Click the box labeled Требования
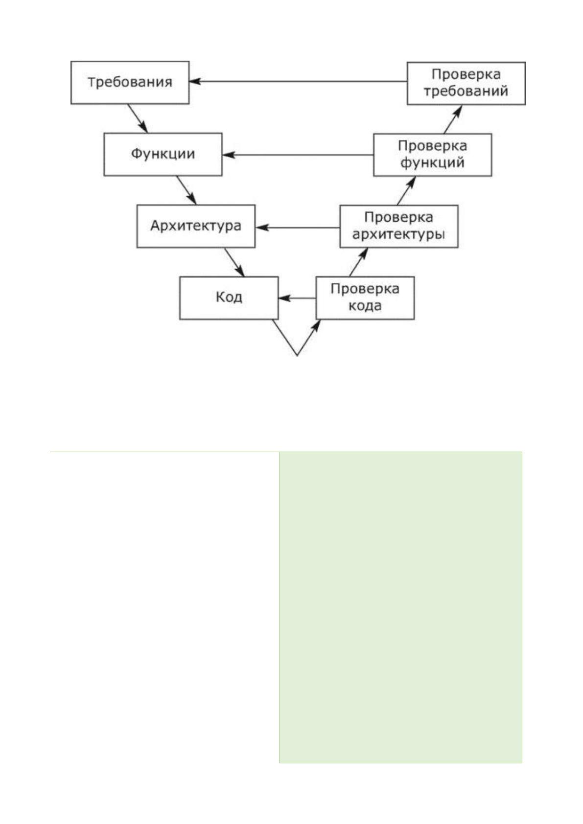click(130, 82)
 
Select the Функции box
click(163, 154)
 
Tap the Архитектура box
click(196, 226)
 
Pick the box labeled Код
click(229, 298)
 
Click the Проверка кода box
click(365, 298)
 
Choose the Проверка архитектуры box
click(399, 226)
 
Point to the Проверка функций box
click(432, 155)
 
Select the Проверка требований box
click(466, 84)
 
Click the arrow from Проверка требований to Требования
click(298, 81)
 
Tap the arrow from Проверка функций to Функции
click(298, 155)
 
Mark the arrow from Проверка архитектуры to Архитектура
click(298, 228)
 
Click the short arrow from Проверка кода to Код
click(297, 298)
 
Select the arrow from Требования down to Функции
click(138, 118)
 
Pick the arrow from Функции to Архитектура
click(186, 190)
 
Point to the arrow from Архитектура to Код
click(234, 262)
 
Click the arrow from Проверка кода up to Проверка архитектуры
click(358, 262)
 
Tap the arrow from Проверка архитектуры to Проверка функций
click(406, 190)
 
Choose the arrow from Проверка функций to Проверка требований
click(452, 119)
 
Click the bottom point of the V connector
click(297, 356)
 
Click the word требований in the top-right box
click(466, 91)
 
